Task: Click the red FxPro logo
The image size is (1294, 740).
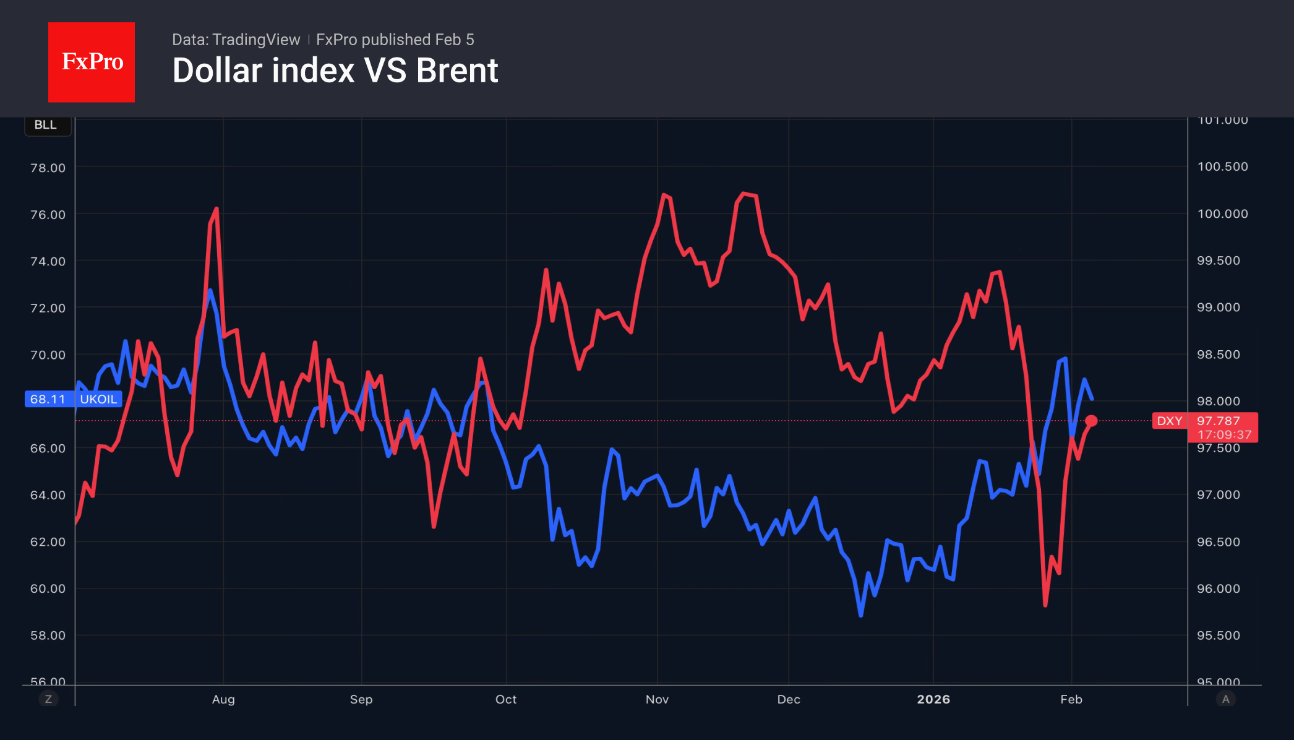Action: coord(92,62)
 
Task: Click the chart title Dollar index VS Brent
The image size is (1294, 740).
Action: coord(335,71)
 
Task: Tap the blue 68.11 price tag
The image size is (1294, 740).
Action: coord(48,399)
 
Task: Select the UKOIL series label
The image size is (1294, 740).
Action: coord(98,399)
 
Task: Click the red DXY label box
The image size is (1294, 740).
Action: coord(1169,421)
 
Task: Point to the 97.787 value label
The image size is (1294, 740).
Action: coord(1218,421)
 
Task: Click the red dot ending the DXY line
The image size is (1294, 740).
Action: coord(1091,421)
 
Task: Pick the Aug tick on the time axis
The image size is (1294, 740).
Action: coord(223,699)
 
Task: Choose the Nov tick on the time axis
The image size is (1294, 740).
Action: coord(657,699)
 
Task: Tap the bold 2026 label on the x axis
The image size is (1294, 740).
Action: coord(933,699)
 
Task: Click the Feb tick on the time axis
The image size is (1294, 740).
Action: coord(1071,699)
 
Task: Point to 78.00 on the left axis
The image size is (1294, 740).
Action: coord(48,168)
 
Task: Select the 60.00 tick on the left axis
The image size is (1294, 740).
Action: coord(48,588)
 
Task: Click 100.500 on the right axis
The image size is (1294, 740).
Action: coord(1222,166)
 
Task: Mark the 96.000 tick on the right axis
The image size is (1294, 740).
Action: coord(1218,588)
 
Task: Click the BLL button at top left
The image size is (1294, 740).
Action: coord(46,125)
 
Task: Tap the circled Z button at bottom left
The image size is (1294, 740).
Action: coord(48,699)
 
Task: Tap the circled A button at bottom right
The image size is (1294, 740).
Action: coord(1225,699)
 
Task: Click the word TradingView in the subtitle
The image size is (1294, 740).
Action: coord(256,40)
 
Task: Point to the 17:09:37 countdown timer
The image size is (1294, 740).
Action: coord(1224,435)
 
